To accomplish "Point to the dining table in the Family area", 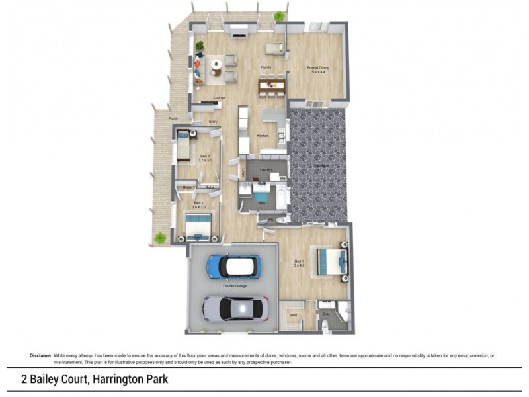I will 271,85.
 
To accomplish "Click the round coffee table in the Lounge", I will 216,65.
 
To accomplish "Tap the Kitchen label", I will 263,136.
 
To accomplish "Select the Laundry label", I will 266,170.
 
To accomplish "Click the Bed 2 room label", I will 198,204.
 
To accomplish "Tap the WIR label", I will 293,315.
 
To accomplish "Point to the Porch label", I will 173,118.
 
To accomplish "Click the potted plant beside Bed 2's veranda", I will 159,237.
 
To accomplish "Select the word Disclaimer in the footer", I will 40,356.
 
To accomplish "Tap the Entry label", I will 213,122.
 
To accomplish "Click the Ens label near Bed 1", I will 326,315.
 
